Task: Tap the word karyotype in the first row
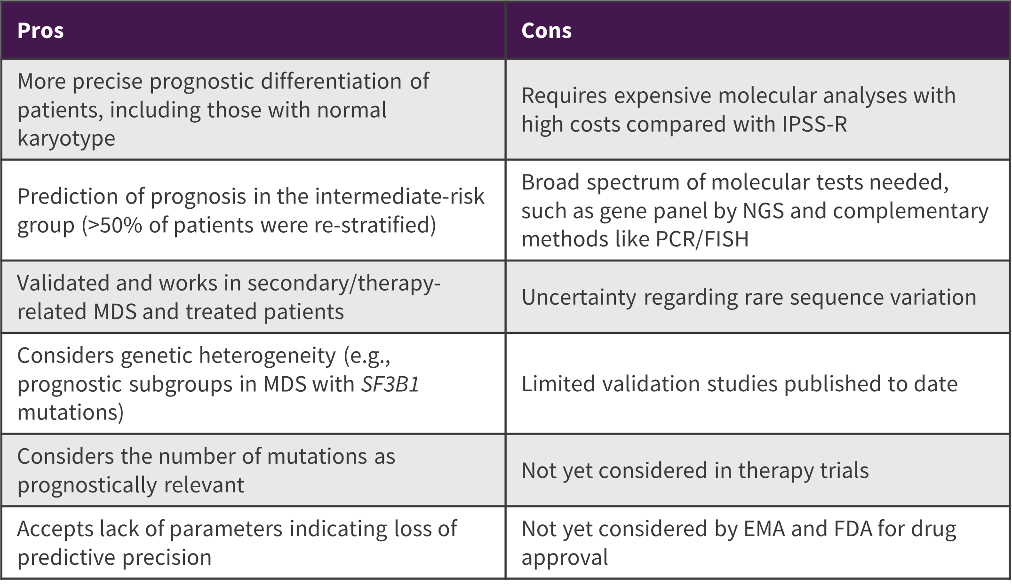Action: [66, 138]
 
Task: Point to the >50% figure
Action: [113, 225]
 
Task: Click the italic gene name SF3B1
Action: [390, 384]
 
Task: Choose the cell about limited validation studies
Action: [739, 384]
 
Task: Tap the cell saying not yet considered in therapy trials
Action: [695, 471]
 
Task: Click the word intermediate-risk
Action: [399, 197]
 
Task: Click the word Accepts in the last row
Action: [55, 529]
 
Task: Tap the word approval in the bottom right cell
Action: [565, 558]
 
